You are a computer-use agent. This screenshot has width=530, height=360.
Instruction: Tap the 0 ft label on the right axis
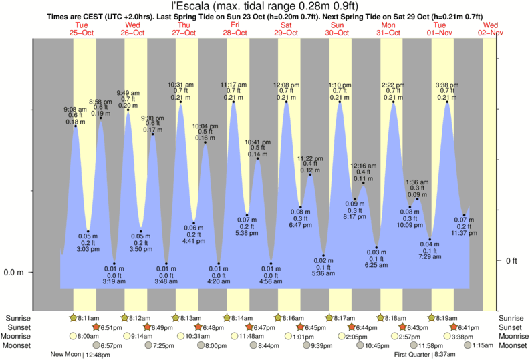(x=511, y=260)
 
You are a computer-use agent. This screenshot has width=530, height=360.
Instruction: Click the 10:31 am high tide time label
(x=180, y=84)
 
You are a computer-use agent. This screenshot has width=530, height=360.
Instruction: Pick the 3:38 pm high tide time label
(x=446, y=85)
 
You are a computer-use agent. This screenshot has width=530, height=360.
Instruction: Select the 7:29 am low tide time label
(x=430, y=256)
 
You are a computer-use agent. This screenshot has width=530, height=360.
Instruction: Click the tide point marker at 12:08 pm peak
(x=286, y=102)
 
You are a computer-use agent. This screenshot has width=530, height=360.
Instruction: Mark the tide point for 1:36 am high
(x=418, y=198)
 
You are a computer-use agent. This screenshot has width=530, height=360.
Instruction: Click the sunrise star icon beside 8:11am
(x=73, y=317)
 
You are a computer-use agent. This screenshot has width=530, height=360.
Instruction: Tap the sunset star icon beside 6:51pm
(x=96, y=327)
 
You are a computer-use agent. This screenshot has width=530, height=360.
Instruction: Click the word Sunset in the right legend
(x=509, y=327)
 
